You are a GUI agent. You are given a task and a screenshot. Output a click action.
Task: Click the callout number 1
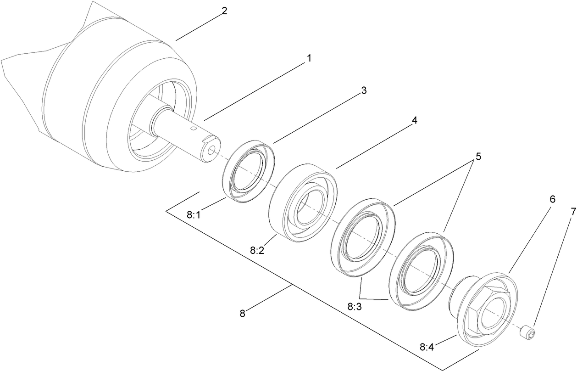[309, 59]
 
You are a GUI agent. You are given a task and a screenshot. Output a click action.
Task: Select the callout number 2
[224, 11]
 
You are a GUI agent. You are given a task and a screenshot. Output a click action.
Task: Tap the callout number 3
[364, 90]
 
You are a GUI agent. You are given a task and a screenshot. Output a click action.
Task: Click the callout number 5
[478, 156]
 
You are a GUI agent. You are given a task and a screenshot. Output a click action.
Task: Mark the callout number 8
[242, 314]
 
